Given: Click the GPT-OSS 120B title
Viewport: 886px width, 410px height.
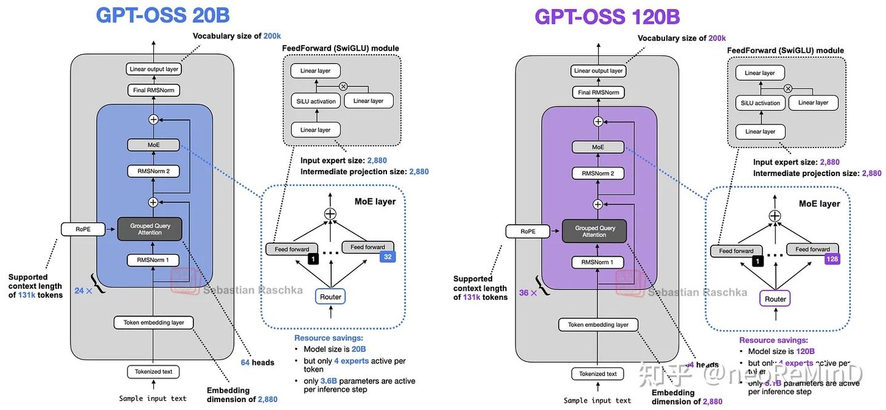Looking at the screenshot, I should point(607,16).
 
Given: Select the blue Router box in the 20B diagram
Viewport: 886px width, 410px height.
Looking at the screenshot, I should point(330,297).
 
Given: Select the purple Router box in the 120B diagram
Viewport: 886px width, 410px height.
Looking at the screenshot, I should point(775,299).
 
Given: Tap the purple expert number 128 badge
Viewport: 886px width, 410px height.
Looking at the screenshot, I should point(832,259).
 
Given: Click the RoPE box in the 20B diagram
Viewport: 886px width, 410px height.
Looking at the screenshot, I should point(83,230).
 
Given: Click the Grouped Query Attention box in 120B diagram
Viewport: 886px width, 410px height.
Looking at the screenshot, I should point(594,231).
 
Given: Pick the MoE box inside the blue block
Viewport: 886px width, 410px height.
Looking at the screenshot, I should point(153,145).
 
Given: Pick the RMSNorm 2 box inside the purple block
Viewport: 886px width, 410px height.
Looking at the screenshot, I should point(598,174).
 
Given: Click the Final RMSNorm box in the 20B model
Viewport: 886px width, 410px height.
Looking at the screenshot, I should point(154,90).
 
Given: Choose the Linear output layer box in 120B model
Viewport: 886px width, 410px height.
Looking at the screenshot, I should point(598,71).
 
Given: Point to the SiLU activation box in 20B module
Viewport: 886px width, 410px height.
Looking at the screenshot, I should point(315,101).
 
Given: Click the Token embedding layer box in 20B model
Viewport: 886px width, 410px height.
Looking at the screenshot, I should point(154,323).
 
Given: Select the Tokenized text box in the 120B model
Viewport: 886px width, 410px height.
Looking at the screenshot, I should point(598,374).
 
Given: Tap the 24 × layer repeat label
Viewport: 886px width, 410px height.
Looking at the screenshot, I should point(83,291).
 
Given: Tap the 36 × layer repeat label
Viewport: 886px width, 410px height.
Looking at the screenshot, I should point(528,293).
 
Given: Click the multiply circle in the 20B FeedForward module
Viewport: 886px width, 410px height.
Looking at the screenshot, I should point(343,86).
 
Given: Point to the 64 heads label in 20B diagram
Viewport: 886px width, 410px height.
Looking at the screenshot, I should point(257,363).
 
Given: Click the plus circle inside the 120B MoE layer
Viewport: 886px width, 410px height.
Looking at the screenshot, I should point(775,215).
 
